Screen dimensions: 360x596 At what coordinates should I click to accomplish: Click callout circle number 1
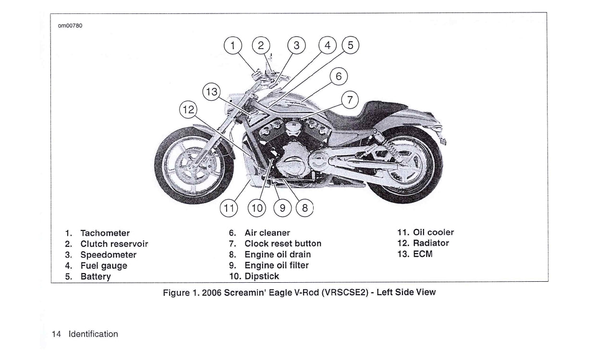coord(233,46)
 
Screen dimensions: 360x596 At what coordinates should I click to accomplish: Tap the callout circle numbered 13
coord(211,92)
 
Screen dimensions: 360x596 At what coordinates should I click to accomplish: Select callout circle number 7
coord(350,100)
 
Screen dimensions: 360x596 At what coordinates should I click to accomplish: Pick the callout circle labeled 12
coord(188,110)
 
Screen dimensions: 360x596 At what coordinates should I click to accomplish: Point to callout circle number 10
coord(257,208)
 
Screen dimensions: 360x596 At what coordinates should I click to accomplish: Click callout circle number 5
coord(350,46)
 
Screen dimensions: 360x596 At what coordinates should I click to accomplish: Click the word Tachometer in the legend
coord(105,233)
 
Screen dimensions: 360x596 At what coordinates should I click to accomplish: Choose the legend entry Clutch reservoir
coord(114,244)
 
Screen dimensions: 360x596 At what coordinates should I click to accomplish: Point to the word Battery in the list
coord(96,276)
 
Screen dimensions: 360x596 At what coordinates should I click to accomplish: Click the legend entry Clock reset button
coord(283,244)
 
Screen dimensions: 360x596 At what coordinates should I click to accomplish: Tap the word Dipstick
coord(262,276)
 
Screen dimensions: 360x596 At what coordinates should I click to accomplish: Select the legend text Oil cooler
coord(433,233)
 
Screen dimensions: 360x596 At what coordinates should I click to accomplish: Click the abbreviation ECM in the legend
coord(423,254)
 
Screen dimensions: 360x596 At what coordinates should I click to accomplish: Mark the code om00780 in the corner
coord(70,25)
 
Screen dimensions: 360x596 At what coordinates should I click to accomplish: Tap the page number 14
coord(56,334)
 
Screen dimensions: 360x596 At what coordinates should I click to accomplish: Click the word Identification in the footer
coord(93,334)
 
